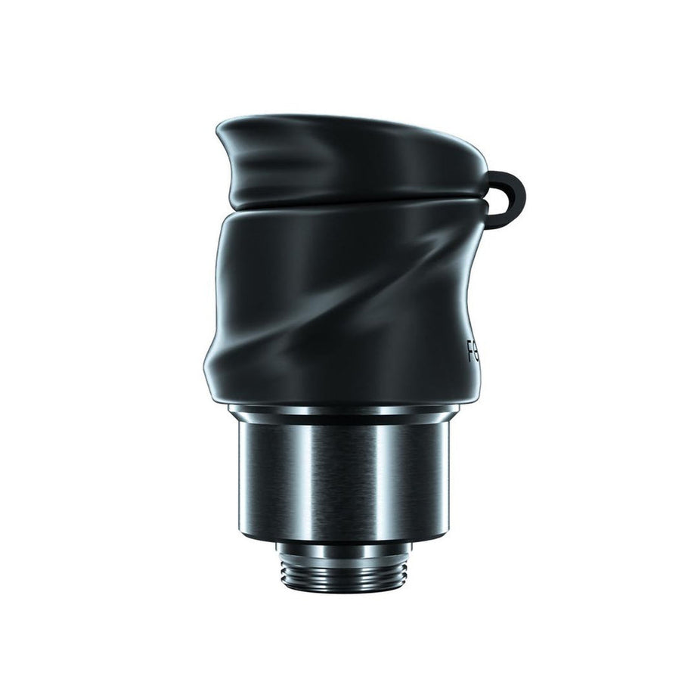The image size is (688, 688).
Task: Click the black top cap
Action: click(348, 159)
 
